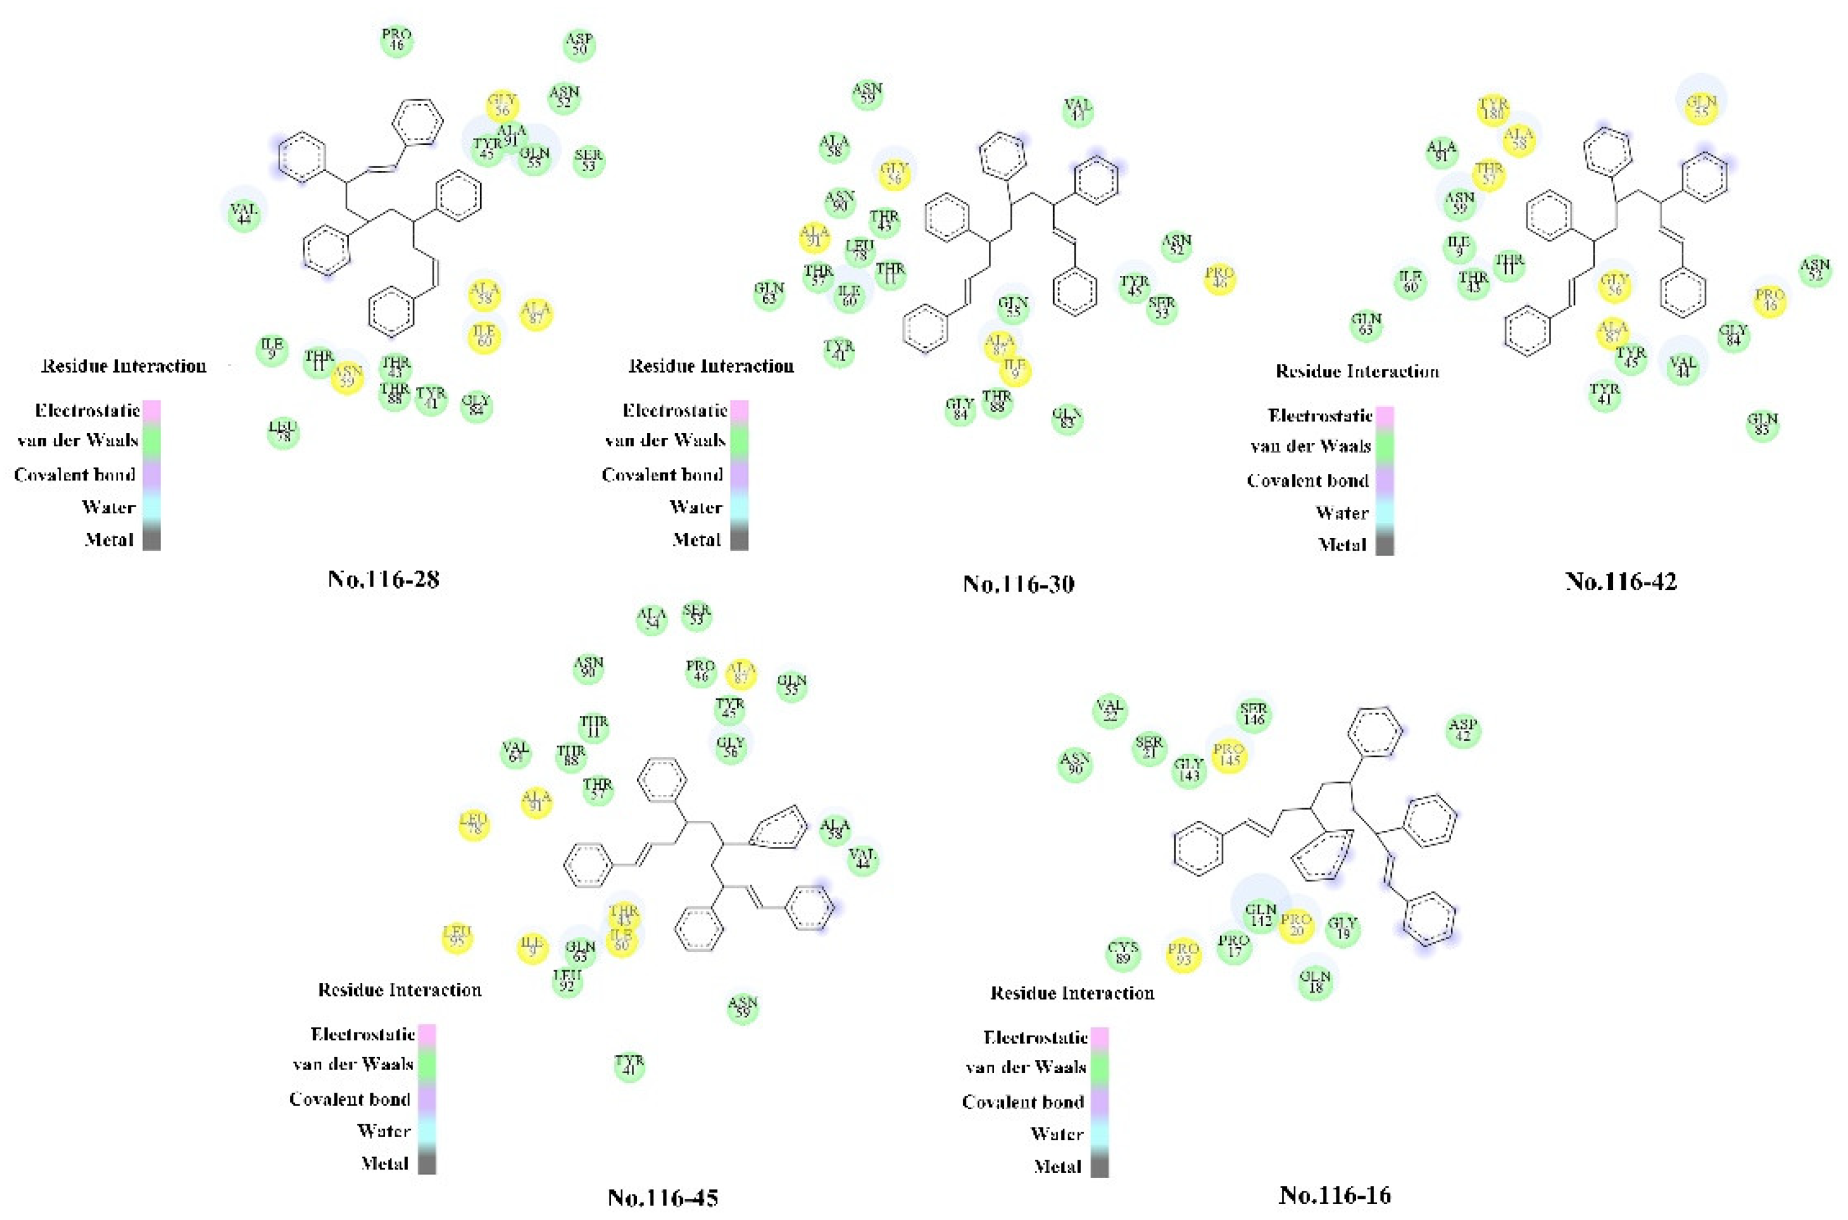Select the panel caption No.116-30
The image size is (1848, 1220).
click(1018, 584)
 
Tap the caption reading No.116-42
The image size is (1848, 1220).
click(1621, 581)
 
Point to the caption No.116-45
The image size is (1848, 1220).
click(662, 1197)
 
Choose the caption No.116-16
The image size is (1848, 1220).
click(1335, 1194)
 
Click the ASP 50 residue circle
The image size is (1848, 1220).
click(579, 44)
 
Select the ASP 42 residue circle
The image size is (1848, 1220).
click(1463, 731)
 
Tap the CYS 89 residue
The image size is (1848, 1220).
click(1123, 953)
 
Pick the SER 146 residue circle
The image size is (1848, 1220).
click(1254, 714)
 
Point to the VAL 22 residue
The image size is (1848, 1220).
click(1110, 710)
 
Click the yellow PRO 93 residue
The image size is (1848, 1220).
click(1183, 954)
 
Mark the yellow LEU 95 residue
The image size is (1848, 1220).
click(457, 937)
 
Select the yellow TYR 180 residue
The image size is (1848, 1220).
click(1493, 109)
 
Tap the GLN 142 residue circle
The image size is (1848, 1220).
click(1261, 915)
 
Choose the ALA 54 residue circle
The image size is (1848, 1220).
click(651, 619)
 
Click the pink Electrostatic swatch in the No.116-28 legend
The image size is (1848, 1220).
click(152, 411)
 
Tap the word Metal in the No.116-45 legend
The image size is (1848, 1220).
click(384, 1163)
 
